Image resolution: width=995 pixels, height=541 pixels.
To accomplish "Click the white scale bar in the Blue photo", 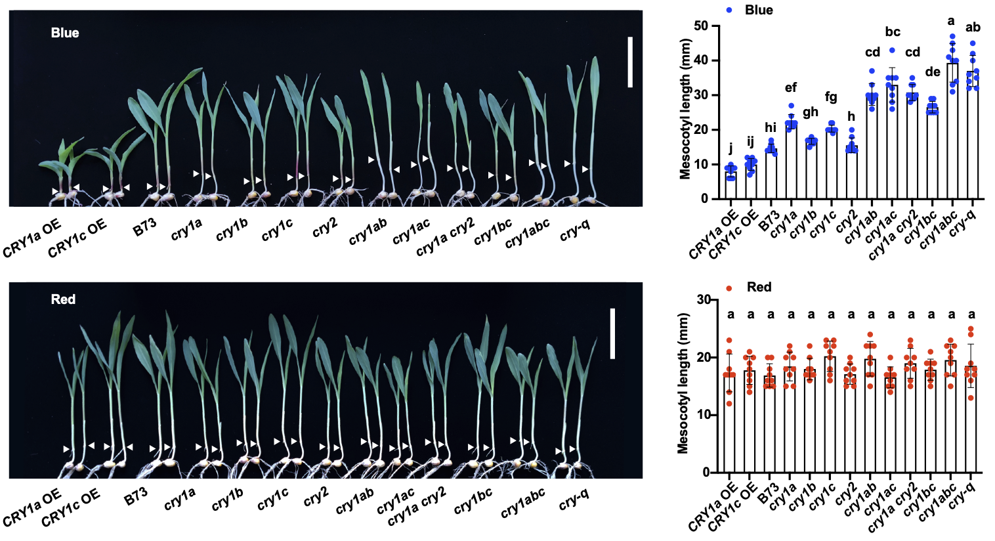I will (x=630, y=62).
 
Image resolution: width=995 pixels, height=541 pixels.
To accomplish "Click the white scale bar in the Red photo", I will (x=612, y=334).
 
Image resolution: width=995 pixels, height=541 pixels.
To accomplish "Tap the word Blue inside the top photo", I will (x=65, y=33).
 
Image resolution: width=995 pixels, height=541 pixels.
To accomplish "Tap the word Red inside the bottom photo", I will (x=63, y=299).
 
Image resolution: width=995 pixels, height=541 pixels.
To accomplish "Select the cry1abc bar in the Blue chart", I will (x=952, y=131).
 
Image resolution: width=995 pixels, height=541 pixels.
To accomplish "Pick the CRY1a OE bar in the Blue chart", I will (x=730, y=185).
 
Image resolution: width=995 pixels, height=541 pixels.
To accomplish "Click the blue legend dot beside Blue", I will (x=729, y=11).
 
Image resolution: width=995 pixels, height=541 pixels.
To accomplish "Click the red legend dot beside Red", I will (x=729, y=288).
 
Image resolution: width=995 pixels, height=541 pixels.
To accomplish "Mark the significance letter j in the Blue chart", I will (x=730, y=148).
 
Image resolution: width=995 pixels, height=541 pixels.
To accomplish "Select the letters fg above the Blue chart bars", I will (x=831, y=97).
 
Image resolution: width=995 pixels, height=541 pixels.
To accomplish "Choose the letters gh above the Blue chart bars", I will (x=811, y=112).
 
